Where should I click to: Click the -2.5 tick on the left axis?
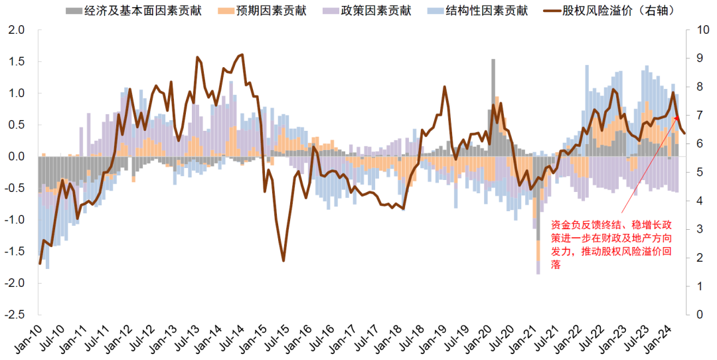[x=15, y=314]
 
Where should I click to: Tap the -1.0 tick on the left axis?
[x=15, y=220]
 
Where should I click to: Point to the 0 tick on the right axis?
[x=698, y=314]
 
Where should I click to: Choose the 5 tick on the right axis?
[x=698, y=173]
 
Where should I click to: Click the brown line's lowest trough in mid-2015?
[x=283, y=260]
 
